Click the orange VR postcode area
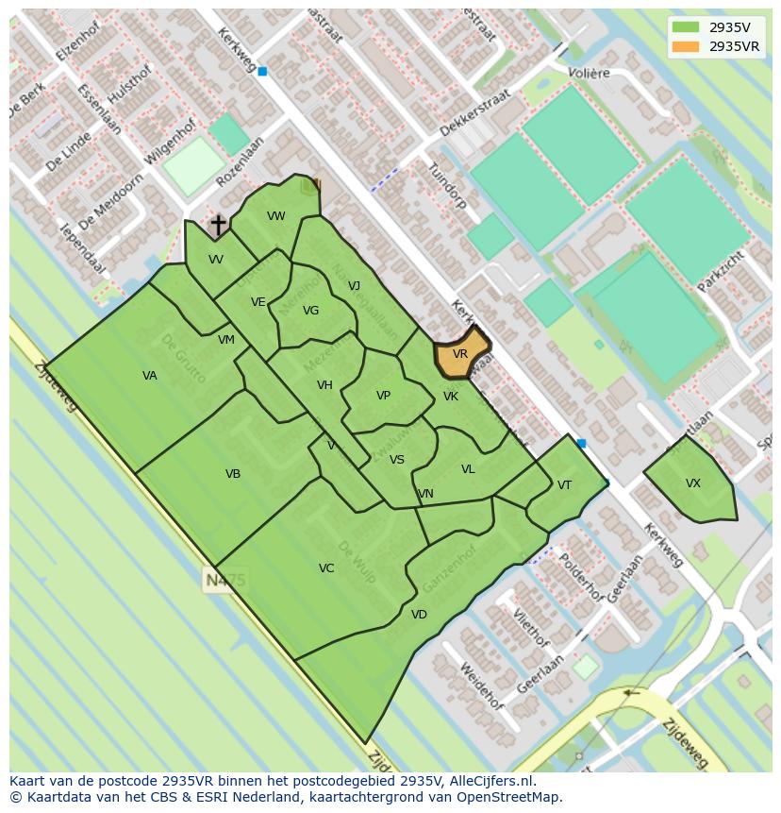click(x=460, y=354)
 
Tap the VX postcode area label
click(x=693, y=483)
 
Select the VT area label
click(x=564, y=485)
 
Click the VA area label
click(x=150, y=376)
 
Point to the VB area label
click(x=233, y=474)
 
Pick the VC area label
click(x=326, y=568)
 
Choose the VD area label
click(x=419, y=615)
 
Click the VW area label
click(x=276, y=216)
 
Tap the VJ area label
click(x=354, y=286)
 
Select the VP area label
click(x=383, y=396)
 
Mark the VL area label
click(x=468, y=469)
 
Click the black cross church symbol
click(x=218, y=226)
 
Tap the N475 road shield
click(x=224, y=580)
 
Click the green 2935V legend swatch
click(x=687, y=27)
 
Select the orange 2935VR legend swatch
click(x=687, y=46)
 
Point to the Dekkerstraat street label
click(x=475, y=113)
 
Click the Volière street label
click(x=589, y=73)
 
